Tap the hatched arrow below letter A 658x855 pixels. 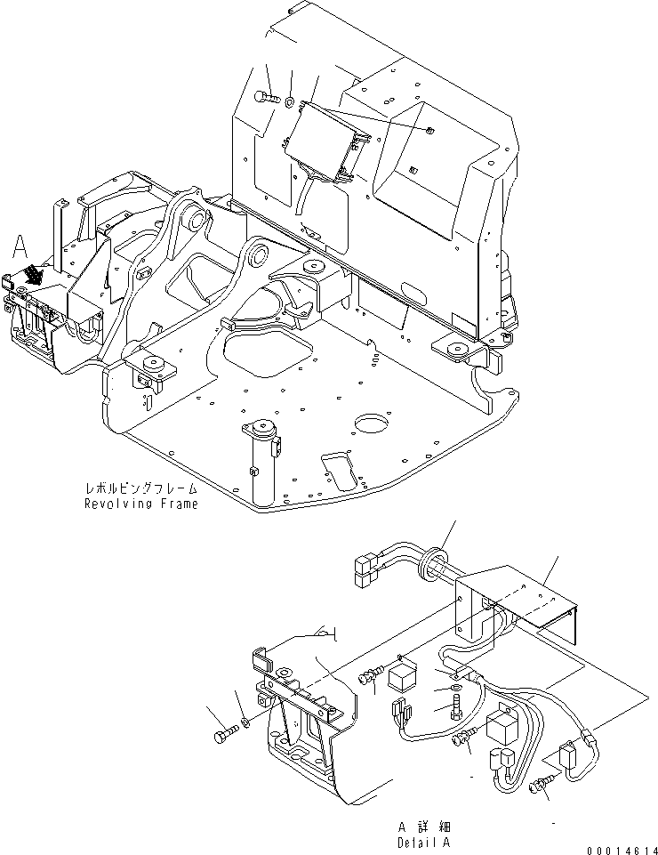pyautogui.click(x=32, y=274)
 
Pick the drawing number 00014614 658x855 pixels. pyautogui.click(x=620, y=849)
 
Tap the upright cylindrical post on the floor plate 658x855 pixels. pyautogui.click(x=261, y=463)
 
